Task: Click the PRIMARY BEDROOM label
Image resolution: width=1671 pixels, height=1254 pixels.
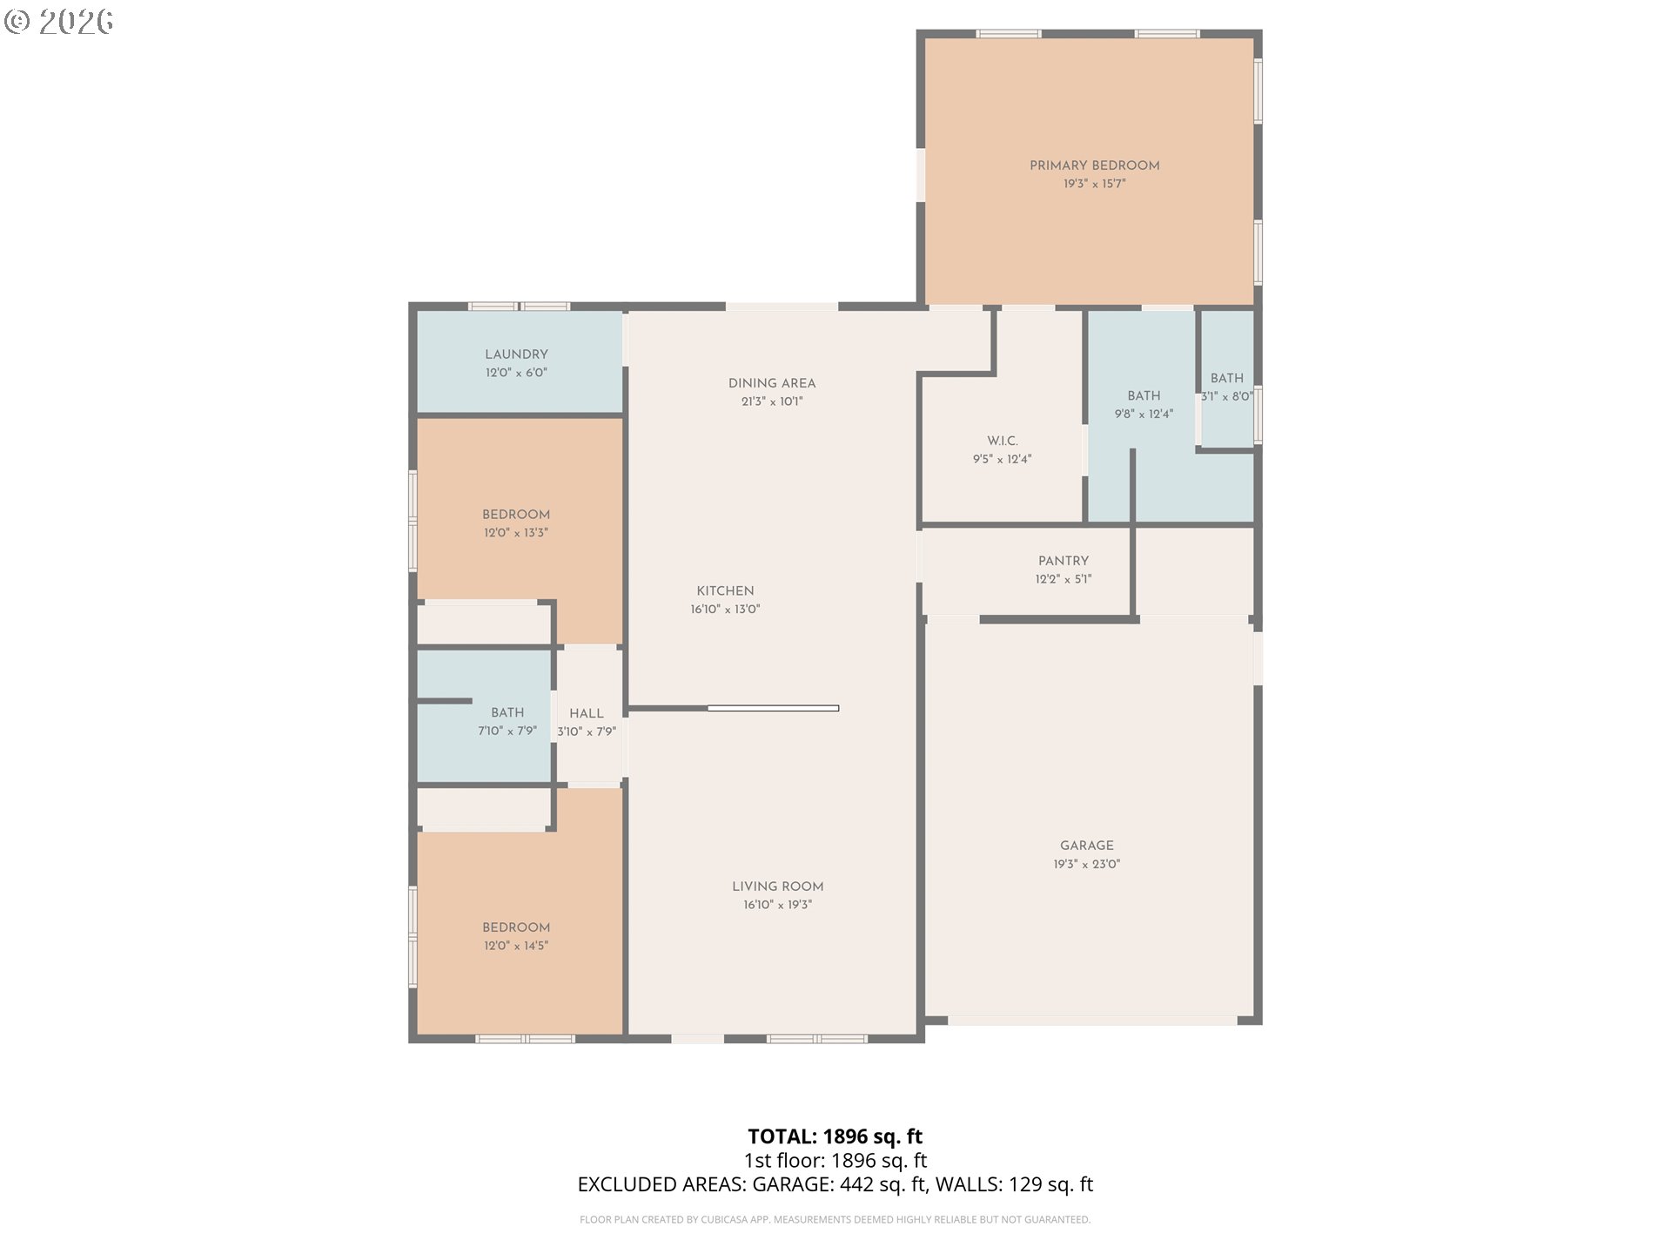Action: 1094,165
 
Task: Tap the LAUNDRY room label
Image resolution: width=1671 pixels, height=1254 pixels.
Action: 516,354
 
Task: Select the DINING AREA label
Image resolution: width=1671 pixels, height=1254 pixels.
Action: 772,383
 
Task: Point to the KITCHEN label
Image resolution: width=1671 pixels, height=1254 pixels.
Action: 725,590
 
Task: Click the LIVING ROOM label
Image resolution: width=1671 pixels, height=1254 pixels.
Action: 777,887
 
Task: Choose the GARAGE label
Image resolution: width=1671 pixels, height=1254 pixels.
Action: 1087,846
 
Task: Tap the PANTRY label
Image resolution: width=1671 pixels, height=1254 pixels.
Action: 1064,561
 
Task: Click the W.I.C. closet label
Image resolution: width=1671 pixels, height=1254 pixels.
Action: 1003,441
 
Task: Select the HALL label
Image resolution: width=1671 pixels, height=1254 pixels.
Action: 587,713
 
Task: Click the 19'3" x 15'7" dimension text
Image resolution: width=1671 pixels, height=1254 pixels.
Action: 1094,184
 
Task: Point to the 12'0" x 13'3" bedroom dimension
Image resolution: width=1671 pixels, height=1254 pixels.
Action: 516,533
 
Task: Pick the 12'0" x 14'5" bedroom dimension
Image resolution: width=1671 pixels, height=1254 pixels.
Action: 516,946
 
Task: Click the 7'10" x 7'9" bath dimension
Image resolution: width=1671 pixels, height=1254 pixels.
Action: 507,731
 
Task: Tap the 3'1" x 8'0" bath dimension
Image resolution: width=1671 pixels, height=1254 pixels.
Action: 1227,396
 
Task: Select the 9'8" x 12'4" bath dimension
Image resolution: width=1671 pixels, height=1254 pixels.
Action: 1144,415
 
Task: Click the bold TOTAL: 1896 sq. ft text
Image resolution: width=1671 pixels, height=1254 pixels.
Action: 835,1136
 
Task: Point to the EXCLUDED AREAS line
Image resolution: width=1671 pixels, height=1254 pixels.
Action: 835,1184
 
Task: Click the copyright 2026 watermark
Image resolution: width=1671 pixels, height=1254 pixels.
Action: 59,22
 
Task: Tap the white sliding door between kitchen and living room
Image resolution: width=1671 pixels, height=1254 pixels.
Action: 773,708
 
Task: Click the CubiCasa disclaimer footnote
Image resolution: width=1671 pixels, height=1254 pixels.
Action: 835,1220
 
